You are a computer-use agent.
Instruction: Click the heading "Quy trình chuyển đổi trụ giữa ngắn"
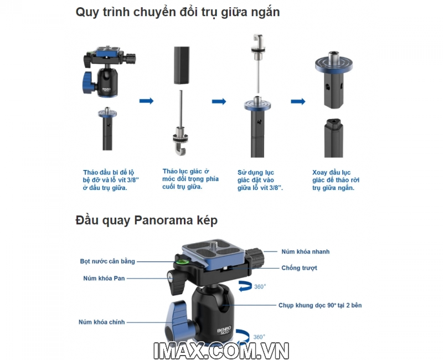click(178, 12)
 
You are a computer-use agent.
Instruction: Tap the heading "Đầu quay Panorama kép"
click(146, 220)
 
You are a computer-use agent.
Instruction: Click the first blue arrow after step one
click(146, 101)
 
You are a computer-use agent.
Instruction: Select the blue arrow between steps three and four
click(298, 101)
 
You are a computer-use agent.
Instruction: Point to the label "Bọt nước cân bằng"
click(107, 261)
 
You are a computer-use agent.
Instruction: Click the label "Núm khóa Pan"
click(104, 279)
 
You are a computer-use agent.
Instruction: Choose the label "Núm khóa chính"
click(102, 322)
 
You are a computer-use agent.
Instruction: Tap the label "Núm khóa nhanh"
click(306, 251)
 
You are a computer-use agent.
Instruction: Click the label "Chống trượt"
click(299, 268)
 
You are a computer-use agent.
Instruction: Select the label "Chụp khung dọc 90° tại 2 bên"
click(320, 305)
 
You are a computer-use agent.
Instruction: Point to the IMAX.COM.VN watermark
click(221, 351)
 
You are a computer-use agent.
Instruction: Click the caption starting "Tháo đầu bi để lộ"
click(110, 180)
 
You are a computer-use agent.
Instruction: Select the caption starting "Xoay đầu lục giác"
click(336, 180)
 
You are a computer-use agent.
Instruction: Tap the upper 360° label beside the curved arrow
click(260, 286)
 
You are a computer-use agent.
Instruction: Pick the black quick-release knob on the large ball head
click(255, 258)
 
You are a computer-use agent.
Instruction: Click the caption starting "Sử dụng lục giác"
click(260, 180)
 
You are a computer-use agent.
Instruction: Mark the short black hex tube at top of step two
click(182, 65)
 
